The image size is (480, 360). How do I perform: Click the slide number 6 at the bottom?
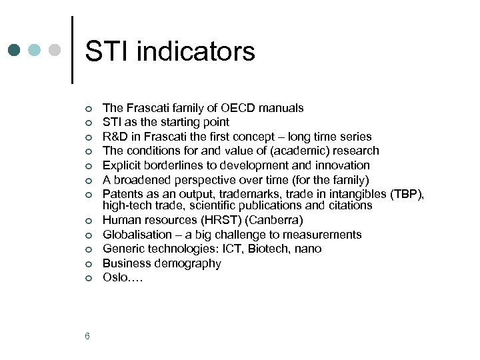[87, 336]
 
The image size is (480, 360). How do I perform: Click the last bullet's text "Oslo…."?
[123, 277]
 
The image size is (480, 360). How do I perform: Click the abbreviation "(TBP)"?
[407, 194]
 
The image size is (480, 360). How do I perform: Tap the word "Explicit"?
[123, 165]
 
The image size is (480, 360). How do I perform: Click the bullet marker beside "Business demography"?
[87, 264]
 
